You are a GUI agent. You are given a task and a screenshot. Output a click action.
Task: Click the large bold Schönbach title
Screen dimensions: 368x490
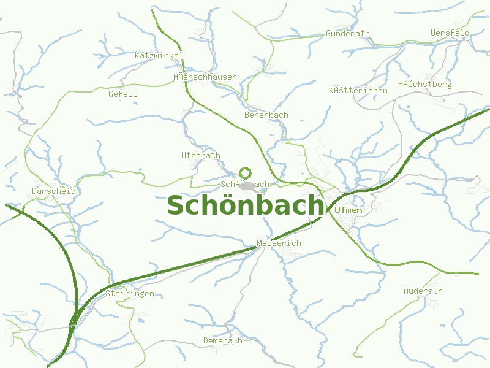245,205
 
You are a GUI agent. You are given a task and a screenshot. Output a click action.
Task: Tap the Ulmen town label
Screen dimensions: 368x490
349,210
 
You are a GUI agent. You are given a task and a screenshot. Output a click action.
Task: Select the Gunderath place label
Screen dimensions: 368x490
348,33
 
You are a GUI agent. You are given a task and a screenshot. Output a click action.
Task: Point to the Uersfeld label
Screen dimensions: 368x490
450,33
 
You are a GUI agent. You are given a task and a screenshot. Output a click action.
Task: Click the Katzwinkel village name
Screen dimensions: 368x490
159,55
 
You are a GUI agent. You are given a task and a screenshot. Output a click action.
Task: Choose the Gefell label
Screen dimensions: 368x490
123,94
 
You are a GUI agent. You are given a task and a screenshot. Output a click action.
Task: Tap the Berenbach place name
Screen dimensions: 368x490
266,115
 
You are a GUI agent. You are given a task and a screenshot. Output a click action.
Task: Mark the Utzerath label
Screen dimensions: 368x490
200,155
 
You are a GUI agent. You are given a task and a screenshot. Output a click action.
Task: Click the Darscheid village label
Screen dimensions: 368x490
54,191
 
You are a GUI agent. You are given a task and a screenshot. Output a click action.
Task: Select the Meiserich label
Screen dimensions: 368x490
279,243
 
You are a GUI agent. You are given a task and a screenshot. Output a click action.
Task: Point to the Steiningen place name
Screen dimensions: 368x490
129,294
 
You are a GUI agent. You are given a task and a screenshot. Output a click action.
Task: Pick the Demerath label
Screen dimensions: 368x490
223,340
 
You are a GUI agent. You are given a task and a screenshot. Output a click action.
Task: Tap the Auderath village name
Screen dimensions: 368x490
423,291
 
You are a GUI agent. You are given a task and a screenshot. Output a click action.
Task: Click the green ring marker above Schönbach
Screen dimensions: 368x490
246,173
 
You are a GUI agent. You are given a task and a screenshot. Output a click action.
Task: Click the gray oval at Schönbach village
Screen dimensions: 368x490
247,185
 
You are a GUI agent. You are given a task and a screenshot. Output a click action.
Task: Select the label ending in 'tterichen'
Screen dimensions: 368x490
358,90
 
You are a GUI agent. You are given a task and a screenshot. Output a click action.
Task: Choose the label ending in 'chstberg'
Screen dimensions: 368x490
424,84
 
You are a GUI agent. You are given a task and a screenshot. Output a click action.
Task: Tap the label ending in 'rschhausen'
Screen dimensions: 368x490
205,77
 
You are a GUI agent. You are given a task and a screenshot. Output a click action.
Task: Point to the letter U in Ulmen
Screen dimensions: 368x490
339,210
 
